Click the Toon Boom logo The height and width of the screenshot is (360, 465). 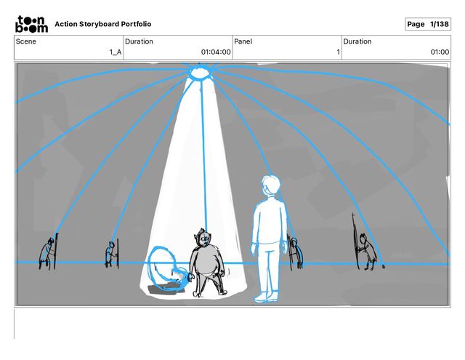point(31,24)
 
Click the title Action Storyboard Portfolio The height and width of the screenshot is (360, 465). point(103,24)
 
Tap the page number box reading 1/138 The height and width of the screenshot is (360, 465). point(428,24)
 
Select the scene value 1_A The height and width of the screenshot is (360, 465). point(116,52)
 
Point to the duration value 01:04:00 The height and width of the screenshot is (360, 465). point(216,52)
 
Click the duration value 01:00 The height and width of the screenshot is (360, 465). point(440,52)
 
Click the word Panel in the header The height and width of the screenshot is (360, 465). point(243,41)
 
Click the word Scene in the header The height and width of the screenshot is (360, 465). point(26,41)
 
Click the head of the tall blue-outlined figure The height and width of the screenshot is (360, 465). point(270,186)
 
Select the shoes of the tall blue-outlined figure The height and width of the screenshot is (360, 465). point(266,297)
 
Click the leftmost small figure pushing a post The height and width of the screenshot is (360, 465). point(49,252)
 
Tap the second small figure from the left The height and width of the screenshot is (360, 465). point(112,254)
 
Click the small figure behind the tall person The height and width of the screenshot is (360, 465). point(295,252)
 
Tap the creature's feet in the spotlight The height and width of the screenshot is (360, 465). point(210,293)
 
